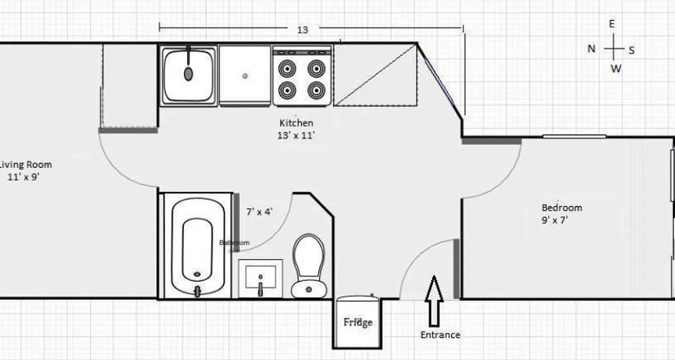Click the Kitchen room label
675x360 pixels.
click(296, 122)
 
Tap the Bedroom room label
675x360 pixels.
click(562, 208)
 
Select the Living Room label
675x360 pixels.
click(26, 165)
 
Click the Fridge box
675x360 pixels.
click(358, 322)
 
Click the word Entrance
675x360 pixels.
click(440, 335)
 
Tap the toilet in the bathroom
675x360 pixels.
click(309, 265)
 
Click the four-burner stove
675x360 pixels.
click(302, 76)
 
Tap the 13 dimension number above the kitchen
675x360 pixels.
click(302, 30)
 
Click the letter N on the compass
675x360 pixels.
click(592, 49)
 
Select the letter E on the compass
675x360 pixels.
click(612, 25)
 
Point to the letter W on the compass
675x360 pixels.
click(616, 68)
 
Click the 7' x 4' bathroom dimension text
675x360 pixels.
click(259, 211)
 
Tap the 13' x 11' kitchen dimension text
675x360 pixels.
click(296, 135)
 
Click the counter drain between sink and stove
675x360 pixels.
click(245, 76)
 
